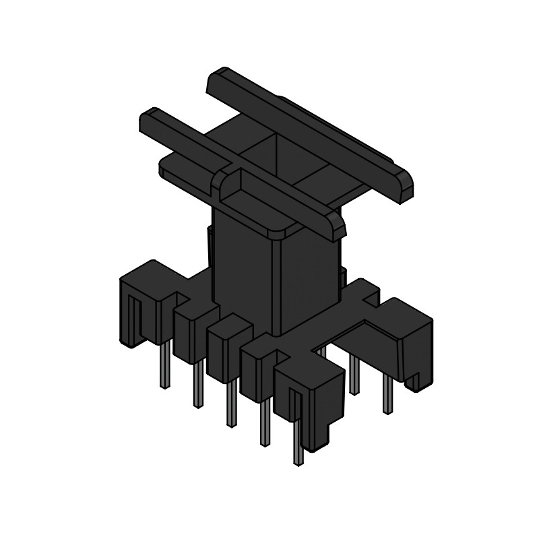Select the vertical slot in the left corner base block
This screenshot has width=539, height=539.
(x=135, y=317)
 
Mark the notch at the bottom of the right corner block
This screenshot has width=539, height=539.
(x=416, y=384)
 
